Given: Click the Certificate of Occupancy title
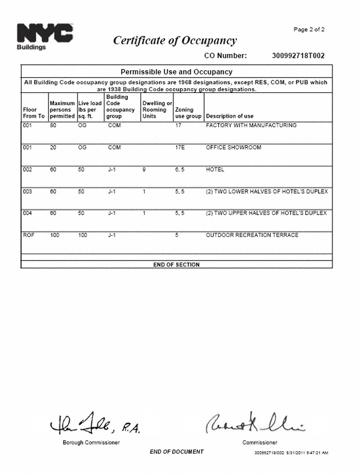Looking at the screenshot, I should point(175,41).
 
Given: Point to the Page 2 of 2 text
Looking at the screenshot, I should point(309,29).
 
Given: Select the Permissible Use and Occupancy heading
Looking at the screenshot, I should point(176,72).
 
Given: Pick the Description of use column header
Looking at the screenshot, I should point(229,116).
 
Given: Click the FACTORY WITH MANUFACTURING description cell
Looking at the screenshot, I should point(251,125).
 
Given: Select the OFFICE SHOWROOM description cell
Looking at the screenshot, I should point(233,147).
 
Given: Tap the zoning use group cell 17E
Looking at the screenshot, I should point(179,147).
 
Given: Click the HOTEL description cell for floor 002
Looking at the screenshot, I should point(215,169).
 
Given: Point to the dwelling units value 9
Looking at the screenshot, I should point(144,169).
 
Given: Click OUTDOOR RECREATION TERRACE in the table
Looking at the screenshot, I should point(251,235).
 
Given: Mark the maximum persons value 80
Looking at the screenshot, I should point(53,125).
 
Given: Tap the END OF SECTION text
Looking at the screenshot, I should point(176,265).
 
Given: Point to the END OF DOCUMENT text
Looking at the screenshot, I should point(176,452).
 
